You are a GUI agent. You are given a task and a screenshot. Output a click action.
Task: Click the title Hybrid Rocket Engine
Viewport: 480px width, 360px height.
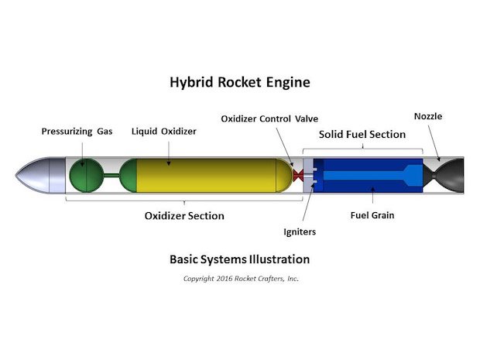(240, 81)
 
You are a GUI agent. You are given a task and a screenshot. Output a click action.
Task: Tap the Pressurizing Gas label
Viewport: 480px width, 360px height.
(76, 132)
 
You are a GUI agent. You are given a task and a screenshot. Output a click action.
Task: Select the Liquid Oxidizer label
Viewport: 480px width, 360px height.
(163, 132)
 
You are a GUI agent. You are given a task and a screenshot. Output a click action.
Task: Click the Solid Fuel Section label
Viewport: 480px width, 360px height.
(363, 135)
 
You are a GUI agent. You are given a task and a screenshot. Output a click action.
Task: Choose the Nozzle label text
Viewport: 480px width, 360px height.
(428, 116)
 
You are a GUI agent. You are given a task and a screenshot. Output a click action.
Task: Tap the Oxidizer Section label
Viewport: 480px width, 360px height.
(184, 216)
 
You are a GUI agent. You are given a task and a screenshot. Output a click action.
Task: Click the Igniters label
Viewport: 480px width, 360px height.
(300, 231)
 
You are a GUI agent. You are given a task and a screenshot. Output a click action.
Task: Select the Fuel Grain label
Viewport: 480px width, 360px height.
(374, 215)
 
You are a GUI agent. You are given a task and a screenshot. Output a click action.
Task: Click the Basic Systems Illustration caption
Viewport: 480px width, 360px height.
(239, 259)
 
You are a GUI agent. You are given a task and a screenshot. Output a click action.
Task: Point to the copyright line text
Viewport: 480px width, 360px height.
(240, 279)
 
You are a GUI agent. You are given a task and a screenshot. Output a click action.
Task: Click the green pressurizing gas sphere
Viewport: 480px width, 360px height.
(84, 176)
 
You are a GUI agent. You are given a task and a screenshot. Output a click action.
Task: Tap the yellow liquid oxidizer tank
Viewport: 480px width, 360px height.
(205, 176)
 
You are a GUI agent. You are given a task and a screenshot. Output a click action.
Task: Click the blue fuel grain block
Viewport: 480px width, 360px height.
(364, 176)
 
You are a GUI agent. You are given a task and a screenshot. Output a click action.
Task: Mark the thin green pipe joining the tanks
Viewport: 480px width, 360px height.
(110, 176)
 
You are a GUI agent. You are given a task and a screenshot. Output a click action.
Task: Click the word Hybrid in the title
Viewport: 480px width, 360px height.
(191, 81)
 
